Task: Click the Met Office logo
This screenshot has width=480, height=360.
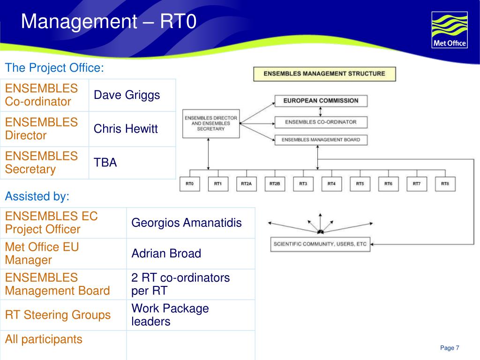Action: pyautogui.click(x=449, y=30)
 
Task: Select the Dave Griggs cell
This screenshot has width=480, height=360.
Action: pyautogui.click(x=127, y=95)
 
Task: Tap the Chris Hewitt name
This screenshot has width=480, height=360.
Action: pyautogui.click(x=126, y=129)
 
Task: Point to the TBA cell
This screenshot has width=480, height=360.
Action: pyautogui.click(x=105, y=163)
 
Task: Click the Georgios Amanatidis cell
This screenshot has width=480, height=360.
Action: pyautogui.click(x=187, y=223)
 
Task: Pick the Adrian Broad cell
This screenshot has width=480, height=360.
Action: pyautogui.click(x=166, y=254)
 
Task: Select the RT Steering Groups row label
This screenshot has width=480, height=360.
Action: pyautogui.click(x=58, y=315)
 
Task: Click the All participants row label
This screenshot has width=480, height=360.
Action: pyautogui.click(x=44, y=339)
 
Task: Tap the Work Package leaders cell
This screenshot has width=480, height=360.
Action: pyautogui.click(x=170, y=315)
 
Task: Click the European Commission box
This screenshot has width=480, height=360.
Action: pyautogui.click(x=321, y=100)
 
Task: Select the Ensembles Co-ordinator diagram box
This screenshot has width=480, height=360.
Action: pyautogui.click(x=321, y=122)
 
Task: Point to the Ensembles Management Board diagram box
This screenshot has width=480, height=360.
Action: pyautogui.click(x=321, y=140)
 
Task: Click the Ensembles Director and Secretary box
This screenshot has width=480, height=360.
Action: pyautogui.click(x=210, y=124)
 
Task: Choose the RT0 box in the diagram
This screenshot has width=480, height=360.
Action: pyautogui.click(x=189, y=184)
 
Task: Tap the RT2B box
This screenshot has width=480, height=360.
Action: pyautogui.click(x=275, y=184)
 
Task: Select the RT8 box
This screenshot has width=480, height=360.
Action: pyautogui.click(x=445, y=184)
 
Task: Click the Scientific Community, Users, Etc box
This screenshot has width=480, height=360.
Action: pyautogui.click(x=320, y=244)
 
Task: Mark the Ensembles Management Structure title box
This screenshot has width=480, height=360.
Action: pyautogui.click(x=324, y=74)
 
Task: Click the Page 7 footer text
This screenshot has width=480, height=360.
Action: pyautogui.click(x=450, y=348)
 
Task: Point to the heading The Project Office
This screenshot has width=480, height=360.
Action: pyautogui.click(x=54, y=68)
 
